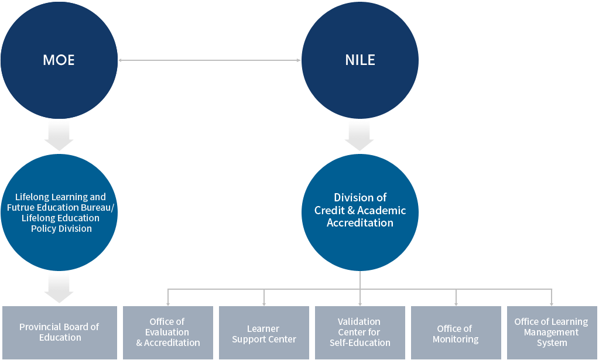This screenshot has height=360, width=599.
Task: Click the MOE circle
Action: [x=59, y=60]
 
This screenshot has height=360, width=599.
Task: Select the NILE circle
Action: [x=360, y=60]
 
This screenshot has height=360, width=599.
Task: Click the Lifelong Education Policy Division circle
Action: [x=59, y=212]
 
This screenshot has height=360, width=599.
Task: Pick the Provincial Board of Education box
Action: [x=59, y=332]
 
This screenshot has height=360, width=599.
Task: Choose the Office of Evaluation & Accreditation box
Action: [x=167, y=332]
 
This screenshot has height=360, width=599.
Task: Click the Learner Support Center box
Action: [x=263, y=332]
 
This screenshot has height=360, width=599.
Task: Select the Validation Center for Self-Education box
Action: [x=360, y=332]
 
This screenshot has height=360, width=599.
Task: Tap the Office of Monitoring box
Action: [x=456, y=332]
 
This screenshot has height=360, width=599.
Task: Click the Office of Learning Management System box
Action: [x=552, y=332]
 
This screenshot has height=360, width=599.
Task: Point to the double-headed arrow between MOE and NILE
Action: [x=209, y=60]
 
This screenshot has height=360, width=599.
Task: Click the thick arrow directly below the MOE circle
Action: [x=59, y=136]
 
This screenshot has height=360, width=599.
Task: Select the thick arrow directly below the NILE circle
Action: [x=360, y=136]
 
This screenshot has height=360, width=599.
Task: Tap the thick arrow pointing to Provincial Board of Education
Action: [x=59, y=289]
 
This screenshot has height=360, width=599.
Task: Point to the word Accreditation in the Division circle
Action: [x=360, y=223]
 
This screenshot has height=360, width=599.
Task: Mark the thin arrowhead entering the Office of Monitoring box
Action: [x=456, y=303]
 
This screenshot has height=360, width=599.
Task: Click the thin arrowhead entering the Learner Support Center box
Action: [x=263, y=303]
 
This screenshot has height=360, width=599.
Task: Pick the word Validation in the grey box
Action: [x=359, y=321]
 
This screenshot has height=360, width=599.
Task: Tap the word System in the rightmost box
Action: [x=552, y=343]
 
